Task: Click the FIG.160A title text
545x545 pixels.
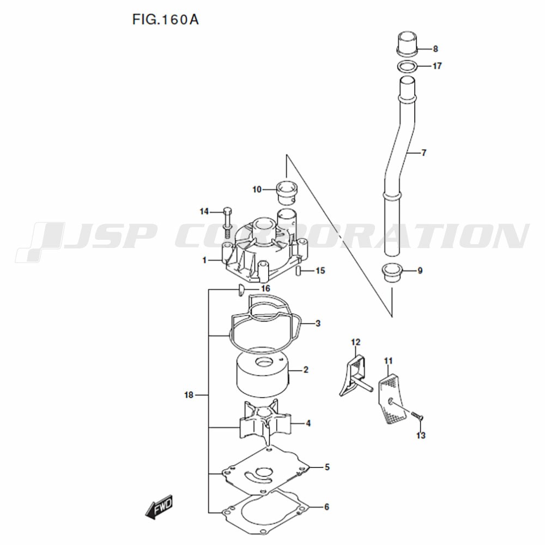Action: (166, 20)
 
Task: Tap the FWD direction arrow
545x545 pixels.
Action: (159, 507)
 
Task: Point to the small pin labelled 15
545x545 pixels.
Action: (298, 271)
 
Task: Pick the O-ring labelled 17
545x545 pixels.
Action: (407, 66)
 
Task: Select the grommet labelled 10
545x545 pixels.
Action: (287, 192)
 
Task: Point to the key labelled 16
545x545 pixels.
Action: (239, 290)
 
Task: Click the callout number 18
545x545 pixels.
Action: (189, 395)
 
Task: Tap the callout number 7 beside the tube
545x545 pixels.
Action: (423, 153)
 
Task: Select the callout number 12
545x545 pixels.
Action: (355, 342)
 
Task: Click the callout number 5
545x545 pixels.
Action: (327, 467)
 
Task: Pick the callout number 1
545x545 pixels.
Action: (204, 260)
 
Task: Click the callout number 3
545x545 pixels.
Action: (318, 324)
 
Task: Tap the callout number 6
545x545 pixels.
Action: (326, 507)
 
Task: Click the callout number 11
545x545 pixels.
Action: (388, 361)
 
